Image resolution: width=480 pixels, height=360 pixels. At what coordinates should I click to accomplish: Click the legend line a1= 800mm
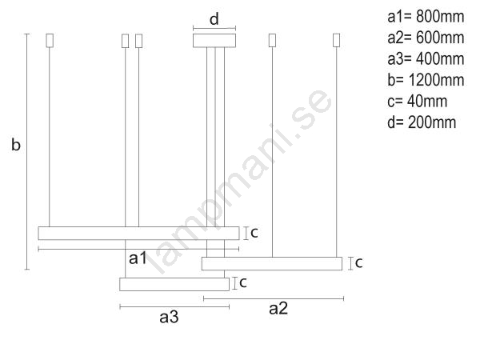(x=426, y=17)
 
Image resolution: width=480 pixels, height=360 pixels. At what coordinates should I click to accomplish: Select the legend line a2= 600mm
(x=426, y=38)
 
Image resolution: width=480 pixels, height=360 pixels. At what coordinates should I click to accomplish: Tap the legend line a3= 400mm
(x=426, y=58)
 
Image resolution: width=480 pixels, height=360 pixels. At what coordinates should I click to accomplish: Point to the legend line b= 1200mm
(x=426, y=80)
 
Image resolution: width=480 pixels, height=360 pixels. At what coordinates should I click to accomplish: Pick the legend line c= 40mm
(x=417, y=101)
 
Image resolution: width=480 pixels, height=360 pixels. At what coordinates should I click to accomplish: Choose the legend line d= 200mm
(x=422, y=122)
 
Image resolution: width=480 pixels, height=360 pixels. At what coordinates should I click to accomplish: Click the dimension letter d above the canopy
(x=214, y=19)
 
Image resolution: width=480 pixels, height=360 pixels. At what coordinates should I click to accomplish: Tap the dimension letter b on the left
(x=16, y=144)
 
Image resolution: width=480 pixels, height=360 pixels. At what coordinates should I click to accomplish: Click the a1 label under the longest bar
(x=138, y=258)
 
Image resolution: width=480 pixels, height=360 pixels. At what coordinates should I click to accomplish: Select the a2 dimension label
(x=278, y=308)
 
